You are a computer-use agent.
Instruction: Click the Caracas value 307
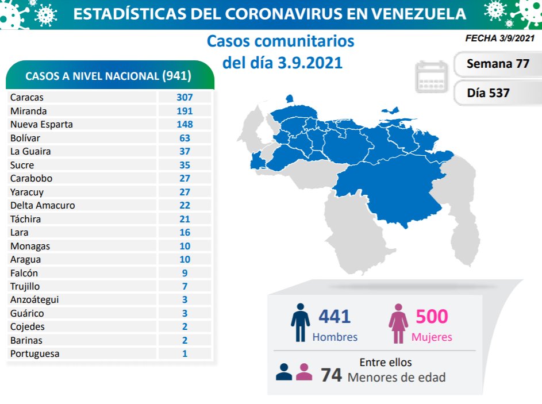coord(184,98)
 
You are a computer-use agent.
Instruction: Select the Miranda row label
coord(28,111)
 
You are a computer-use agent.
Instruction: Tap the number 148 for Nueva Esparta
coord(184,124)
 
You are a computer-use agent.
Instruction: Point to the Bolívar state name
coord(25,138)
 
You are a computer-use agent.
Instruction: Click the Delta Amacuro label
coord(42,205)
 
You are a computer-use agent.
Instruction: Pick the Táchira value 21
coord(184,219)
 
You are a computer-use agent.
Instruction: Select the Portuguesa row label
coord(34,353)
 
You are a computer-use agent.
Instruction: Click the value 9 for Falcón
coord(184,273)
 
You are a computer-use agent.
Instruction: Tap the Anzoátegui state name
coord(34,299)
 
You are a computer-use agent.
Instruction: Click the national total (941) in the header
coord(176,76)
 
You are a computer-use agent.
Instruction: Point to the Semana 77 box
coord(498,63)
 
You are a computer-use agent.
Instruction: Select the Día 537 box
coord(489,92)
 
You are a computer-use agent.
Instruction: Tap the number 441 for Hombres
coord(334,316)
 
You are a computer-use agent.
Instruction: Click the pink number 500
coord(431,316)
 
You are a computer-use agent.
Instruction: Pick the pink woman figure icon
coord(398,324)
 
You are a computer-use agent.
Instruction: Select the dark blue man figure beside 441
coord(300,324)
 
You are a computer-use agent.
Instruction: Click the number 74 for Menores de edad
coord(331,376)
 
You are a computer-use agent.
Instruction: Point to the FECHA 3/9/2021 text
coord(499,39)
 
